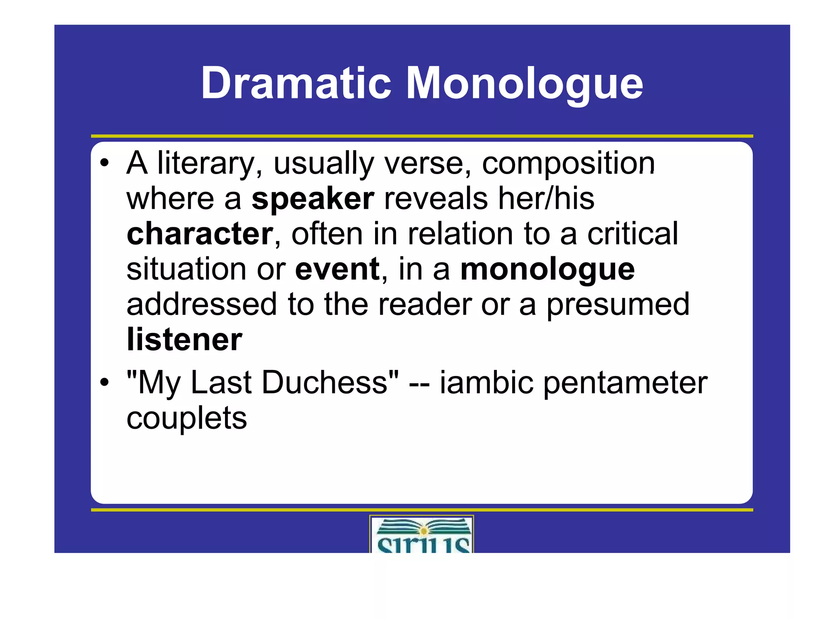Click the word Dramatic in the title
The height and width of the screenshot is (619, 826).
point(296,83)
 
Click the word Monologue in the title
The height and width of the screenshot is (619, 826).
point(524,83)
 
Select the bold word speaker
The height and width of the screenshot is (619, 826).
point(313,199)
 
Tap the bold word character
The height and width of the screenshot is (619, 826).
point(200,234)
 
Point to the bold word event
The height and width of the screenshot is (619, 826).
point(337,269)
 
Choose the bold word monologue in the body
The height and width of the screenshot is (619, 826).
point(547,269)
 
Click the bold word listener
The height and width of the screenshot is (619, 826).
point(184,340)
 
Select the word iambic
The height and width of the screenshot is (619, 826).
point(486,382)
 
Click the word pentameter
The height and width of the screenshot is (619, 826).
point(625,382)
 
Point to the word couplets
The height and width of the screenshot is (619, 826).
point(186,418)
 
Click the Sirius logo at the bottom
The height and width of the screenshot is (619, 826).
point(422,534)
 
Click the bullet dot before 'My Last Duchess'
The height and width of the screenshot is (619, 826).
point(104,382)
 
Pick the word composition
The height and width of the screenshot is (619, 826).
point(568,163)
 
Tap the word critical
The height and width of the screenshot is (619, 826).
point(632,234)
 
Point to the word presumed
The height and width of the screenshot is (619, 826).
point(618,305)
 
